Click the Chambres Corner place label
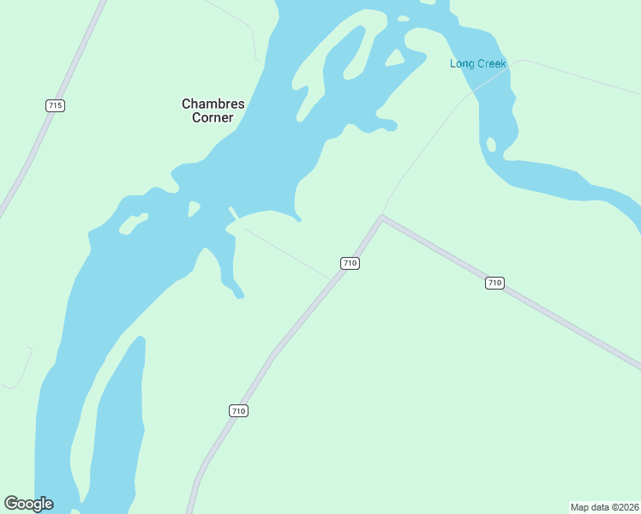click(x=213, y=111)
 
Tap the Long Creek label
click(x=478, y=64)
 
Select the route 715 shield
click(x=56, y=105)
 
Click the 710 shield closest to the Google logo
click(x=239, y=411)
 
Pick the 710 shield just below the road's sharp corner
click(x=350, y=263)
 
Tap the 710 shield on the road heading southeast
click(x=494, y=283)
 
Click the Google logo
click(x=29, y=504)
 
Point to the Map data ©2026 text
click(x=605, y=507)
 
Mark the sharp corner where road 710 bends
click(x=382, y=218)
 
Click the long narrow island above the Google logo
click(x=116, y=420)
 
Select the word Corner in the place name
click(x=213, y=118)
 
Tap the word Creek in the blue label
click(x=492, y=64)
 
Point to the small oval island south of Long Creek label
click(x=491, y=145)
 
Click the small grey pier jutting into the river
click(x=232, y=212)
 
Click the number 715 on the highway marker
click(x=56, y=105)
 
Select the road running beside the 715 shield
click(x=34, y=146)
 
